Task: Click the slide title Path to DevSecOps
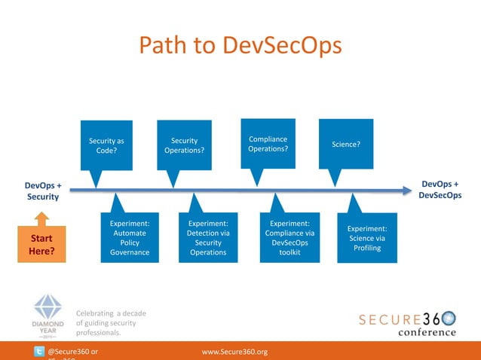(x=240, y=45)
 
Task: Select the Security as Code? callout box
(x=106, y=145)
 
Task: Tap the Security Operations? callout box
(x=184, y=145)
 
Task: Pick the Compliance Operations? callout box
(x=268, y=142)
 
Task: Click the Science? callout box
(x=346, y=142)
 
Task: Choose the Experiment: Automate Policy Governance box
(x=130, y=238)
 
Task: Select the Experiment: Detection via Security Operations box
(x=208, y=238)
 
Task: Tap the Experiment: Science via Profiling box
(x=367, y=238)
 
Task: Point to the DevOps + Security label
(x=44, y=190)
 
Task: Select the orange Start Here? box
(x=41, y=246)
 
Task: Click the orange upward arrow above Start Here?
(x=41, y=219)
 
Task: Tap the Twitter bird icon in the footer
(x=39, y=352)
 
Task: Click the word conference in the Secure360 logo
(x=427, y=331)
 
